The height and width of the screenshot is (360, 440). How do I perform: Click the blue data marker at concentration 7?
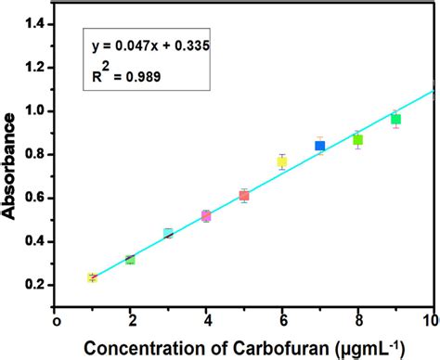pyautogui.click(x=320, y=146)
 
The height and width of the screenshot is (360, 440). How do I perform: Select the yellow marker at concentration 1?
pyautogui.click(x=92, y=277)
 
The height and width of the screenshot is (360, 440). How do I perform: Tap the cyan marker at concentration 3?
pyautogui.click(x=168, y=233)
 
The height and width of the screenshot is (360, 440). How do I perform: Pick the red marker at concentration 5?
pyautogui.click(x=244, y=195)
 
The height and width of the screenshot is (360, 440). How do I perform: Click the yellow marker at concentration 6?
pyautogui.click(x=282, y=161)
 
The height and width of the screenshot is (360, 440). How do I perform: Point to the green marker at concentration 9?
pyautogui.click(x=395, y=119)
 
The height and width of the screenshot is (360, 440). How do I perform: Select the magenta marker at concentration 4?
pyautogui.click(x=206, y=216)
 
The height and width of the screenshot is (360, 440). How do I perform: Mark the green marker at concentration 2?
pyautogui.click(x=130, y=260)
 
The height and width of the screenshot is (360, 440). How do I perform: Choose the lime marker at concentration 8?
pyautogui.click(x=357, y=140)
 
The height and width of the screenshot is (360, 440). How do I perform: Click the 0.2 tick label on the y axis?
pyautogui.click(x=34, y=284)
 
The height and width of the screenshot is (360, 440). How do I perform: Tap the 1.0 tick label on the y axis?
pyautogui.click(x=34, y=110)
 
